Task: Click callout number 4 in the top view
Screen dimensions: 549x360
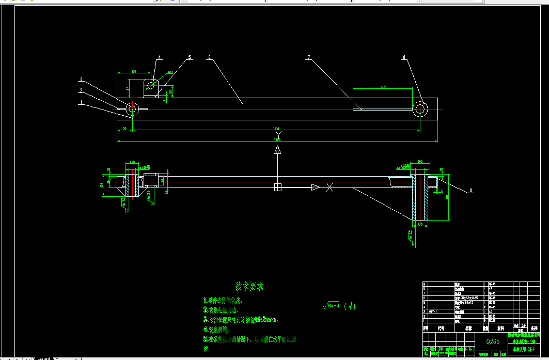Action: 160,57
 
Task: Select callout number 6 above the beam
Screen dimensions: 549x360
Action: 210,58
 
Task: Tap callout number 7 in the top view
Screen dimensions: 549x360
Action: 308,58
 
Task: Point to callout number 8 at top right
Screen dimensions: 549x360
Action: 404,58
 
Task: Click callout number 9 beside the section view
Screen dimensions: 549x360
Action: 470,191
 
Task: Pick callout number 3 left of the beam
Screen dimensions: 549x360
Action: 81,79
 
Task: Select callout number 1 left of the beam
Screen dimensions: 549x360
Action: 81,102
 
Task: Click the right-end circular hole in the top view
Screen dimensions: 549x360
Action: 420,108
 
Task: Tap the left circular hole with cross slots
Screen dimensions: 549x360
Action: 133,108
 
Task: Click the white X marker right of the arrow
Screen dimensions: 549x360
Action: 330,187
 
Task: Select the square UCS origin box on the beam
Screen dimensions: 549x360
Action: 277,187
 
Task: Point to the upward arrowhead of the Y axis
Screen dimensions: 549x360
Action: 277,150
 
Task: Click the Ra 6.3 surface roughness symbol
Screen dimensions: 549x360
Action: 331,305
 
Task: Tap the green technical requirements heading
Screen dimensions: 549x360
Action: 249,286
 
